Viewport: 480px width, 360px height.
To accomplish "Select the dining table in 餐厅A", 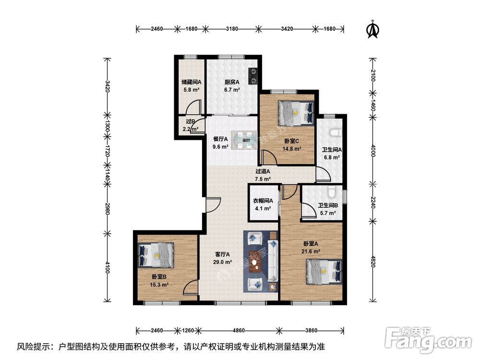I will [x=244, y=140].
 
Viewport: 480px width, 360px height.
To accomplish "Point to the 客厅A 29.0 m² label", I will [x=223, y=258].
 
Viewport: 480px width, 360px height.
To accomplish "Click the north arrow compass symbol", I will [x=372, y=30].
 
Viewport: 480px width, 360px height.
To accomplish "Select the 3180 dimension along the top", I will [x=232, y=29].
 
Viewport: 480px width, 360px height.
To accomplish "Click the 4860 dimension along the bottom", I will [x=239, y=330].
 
